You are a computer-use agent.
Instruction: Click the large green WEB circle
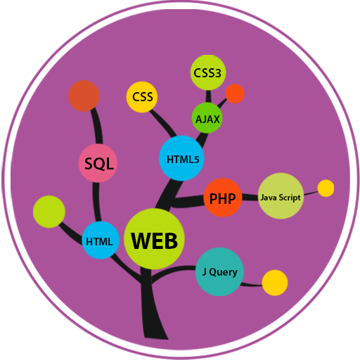click(154, 239)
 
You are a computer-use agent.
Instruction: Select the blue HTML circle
click(100, 240)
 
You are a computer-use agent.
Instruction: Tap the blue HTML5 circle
click(182, 157)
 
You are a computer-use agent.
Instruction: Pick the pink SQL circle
click(98, 164)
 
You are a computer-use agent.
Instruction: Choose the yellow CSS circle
click(141, 98)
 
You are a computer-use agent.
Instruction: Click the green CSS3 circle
click(209, 72)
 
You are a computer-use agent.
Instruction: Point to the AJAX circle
click(207, 118)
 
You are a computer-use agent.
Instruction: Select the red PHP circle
click(222, 198)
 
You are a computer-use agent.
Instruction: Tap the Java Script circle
click(281, 196)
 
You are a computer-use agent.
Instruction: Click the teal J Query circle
click(219, 271)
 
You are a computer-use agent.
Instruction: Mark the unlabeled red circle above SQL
click(84, 96)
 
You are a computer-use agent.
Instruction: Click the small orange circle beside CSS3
click(235, 94)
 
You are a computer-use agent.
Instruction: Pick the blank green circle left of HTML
click(49, 211)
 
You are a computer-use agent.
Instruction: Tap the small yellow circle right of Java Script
click(326, 188)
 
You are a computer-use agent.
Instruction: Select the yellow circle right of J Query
click(275, 283)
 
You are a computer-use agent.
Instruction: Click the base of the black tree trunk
click(154, 330)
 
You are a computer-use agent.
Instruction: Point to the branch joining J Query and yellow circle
click(251, 283)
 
